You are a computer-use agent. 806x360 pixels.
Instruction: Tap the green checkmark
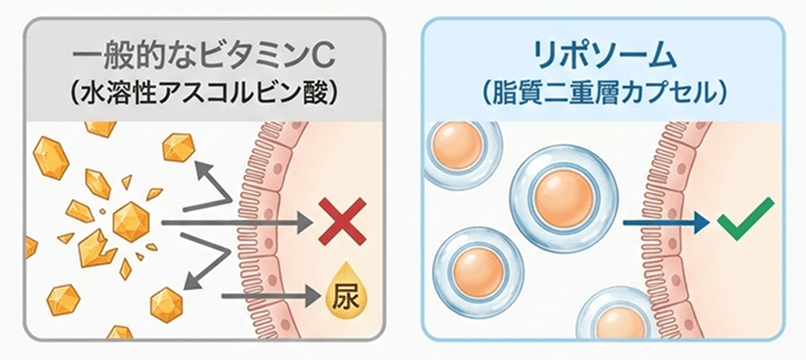click(745, 217)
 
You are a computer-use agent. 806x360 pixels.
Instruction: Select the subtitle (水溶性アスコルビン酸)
click(204, 93)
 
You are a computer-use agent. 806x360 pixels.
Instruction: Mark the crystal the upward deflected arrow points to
click(178, 147)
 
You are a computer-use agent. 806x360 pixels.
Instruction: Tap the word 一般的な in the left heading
click(126, 50)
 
